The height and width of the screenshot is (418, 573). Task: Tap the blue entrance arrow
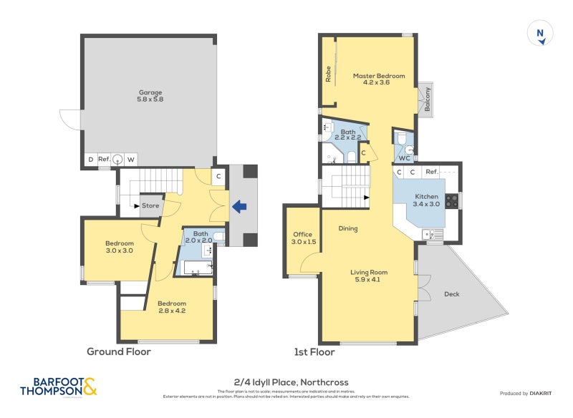point(240,207)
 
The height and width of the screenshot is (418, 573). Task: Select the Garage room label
point(150,95)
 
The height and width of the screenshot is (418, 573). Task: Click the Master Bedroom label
point(379,79)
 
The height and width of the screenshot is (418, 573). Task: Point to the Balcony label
point(428,98)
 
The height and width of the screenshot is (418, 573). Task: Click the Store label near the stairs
point(150,206)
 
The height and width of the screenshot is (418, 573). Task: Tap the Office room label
point(304,238)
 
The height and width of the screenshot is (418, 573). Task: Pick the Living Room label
point(369,276)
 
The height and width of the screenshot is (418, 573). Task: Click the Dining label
point(347,229)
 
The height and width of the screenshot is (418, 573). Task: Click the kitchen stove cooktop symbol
point(452,201)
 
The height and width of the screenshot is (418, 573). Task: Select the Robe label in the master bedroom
point(329,74)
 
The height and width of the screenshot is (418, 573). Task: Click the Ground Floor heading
point(119,351)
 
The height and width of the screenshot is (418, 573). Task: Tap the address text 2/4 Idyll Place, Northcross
point(291,382)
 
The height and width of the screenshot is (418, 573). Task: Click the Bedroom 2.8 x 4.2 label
point(172,308)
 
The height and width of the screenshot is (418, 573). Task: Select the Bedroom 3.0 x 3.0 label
point(120,247)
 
